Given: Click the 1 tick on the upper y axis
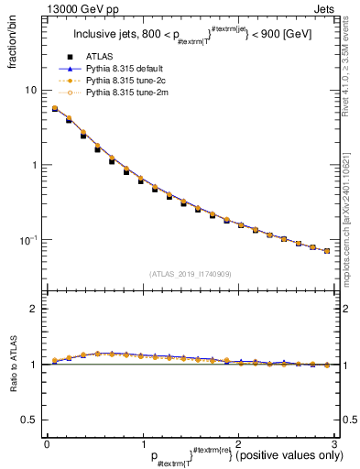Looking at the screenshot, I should [x=35, y=166].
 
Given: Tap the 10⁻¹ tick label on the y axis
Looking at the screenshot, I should [x=30, y=240].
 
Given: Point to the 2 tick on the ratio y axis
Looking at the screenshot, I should [x=35, y=310].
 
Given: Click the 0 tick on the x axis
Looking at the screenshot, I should [x=47, y=442].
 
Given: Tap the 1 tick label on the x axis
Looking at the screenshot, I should [x=142, y=442].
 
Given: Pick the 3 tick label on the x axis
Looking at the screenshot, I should [x=334, y=442].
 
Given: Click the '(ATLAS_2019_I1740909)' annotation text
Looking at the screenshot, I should [x=191, y=273].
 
